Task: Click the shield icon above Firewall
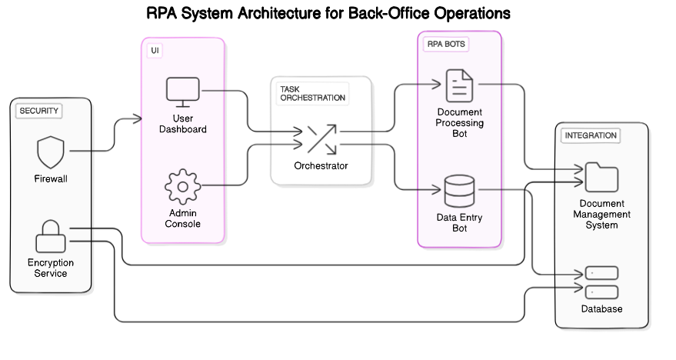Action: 51,152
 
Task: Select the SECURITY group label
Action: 38,111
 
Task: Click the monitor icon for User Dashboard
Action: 183,93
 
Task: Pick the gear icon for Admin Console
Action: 183,187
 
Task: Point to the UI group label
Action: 155,50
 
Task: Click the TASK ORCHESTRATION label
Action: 311,94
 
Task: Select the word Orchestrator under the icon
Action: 321,166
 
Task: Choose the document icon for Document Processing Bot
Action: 459,85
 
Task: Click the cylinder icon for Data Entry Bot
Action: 459,191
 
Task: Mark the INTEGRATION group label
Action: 590,135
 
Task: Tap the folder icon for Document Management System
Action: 601,177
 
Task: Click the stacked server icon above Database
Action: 601,282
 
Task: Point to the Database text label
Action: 601,309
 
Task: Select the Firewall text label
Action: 51,179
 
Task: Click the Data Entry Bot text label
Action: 459,223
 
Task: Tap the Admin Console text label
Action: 183,218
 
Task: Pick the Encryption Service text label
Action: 51,268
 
